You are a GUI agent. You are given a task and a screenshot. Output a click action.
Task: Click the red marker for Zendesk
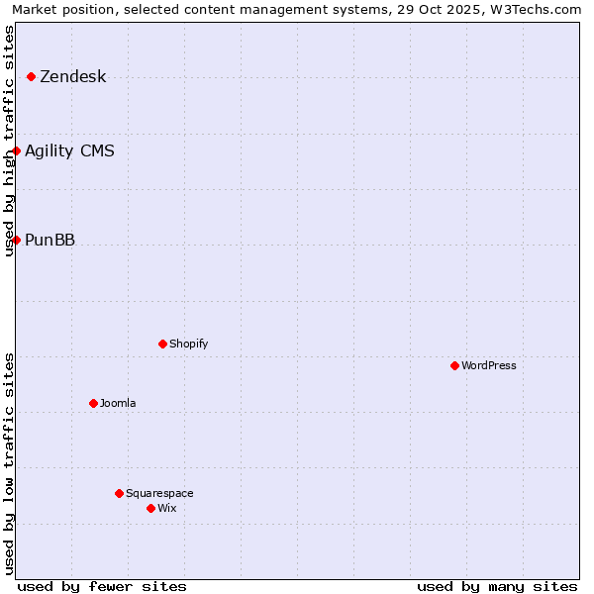(31, 76)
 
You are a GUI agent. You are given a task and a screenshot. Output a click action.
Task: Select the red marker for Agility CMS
(16, 150)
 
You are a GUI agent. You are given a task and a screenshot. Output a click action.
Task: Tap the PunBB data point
(16, 240)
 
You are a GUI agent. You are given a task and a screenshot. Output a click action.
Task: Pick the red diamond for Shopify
(162, 344)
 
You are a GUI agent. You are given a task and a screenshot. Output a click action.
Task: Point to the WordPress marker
(454, 365)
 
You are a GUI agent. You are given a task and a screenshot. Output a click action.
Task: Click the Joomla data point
(93, 403)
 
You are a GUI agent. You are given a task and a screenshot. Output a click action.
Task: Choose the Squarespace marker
(119, 493)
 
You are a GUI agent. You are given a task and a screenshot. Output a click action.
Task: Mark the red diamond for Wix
(150, 508)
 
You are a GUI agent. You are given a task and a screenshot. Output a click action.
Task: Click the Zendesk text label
(72, 77)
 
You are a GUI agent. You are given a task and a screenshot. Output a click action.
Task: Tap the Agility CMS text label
(69, 151)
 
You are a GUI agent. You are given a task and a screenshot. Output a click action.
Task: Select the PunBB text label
(49, 241)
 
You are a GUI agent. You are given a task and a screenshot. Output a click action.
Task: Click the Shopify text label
(188, 345)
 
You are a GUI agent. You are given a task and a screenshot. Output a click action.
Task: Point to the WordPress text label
(489, 366)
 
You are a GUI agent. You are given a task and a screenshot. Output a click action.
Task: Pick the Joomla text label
(118, 404)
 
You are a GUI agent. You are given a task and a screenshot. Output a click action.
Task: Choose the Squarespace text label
(159, 494)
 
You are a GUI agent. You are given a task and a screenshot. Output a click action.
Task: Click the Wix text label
(166, 509)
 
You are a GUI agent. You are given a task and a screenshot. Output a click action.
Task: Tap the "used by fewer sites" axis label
(102, 586)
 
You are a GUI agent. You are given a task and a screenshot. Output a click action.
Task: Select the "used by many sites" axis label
(497, 586)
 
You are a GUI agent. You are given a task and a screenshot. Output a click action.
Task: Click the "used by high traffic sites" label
(10, 141)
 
